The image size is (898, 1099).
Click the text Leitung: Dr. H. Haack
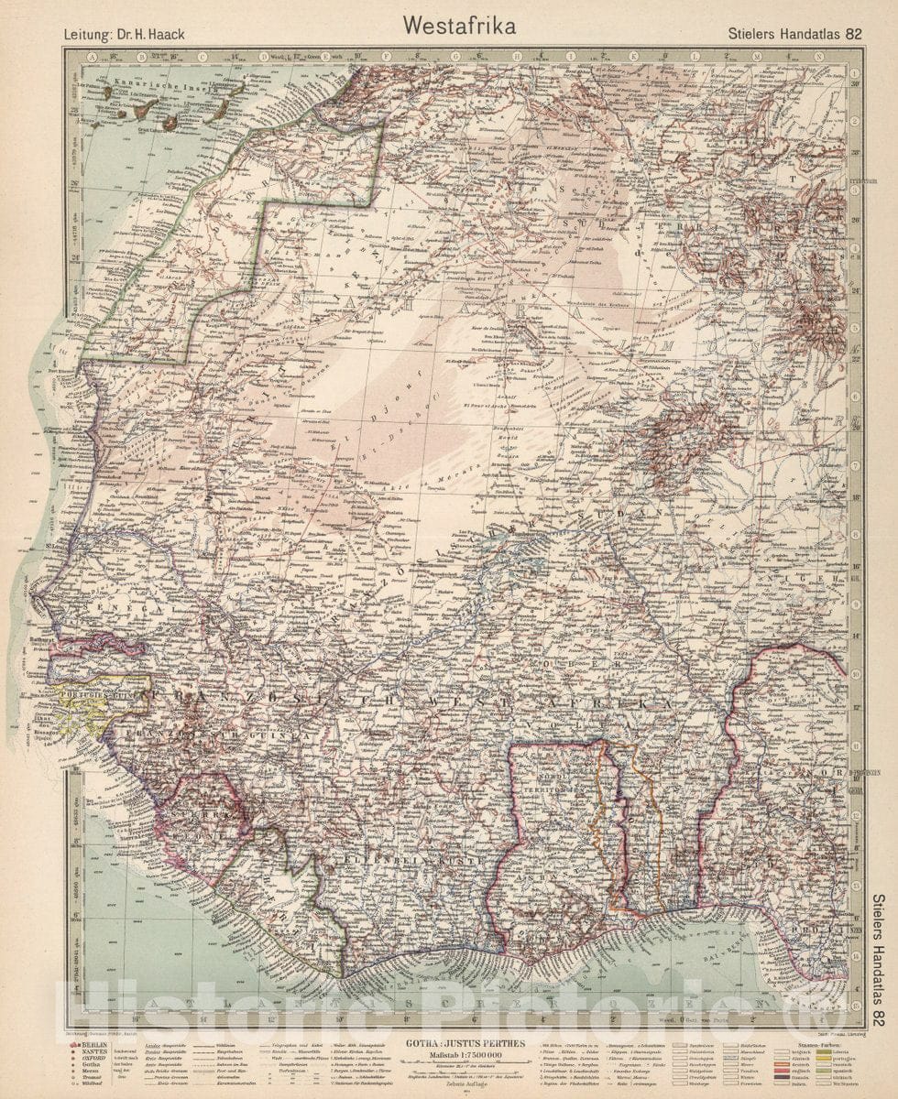tap(125, 35)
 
